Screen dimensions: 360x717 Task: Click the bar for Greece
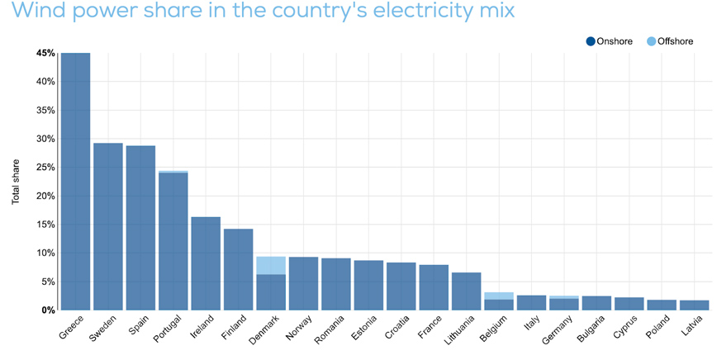point(75,182)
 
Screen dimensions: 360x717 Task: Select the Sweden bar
point(107,227)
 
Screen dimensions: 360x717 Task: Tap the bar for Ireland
point(206,263)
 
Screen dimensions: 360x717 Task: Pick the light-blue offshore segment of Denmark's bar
point(271,265)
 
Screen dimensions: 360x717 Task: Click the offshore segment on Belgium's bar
point(499,296)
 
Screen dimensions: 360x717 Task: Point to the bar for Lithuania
point(466,291)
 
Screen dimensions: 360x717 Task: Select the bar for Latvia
point(695,306)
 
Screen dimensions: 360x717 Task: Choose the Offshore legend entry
point(670,41)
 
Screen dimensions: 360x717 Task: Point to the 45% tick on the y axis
point(45,53)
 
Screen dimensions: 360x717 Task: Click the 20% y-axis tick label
point(45,196)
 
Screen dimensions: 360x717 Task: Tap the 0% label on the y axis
point(48,310)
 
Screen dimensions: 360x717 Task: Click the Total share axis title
point(17,181)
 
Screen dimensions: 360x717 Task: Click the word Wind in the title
point(37,12)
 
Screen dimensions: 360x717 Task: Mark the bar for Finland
point(239,269)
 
